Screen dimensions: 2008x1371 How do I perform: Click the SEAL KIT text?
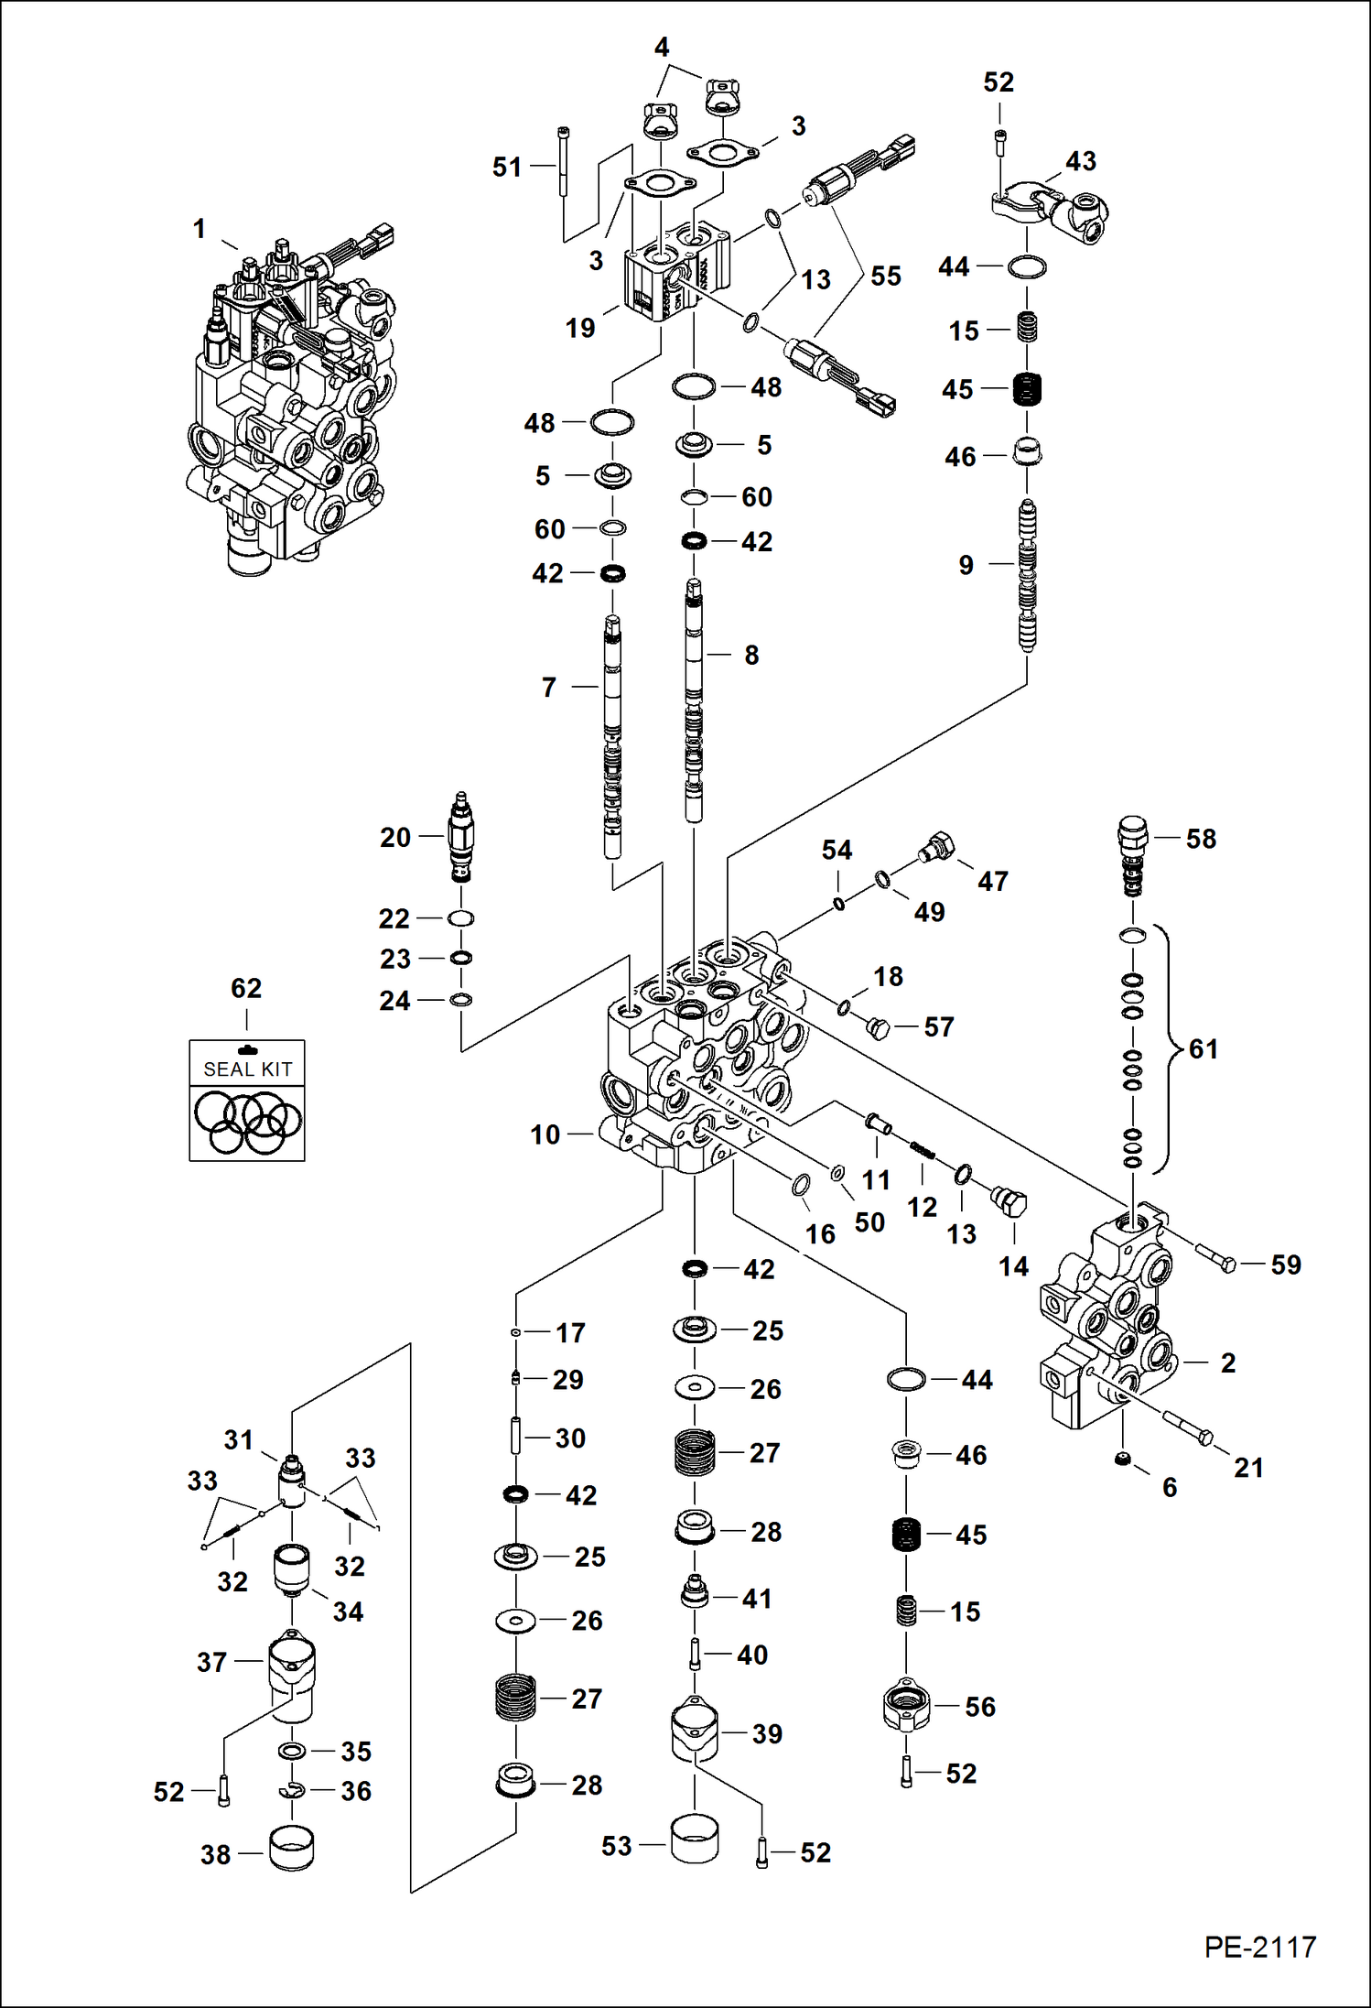pyautogui.click(x=247, y=1069)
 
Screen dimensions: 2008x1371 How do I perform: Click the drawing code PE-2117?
pyautogui.click(x=1259, y=1947)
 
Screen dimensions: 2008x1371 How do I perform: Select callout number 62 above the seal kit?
pyautogui.click(x=246, y=988)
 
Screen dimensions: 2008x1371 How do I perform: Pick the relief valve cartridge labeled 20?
pyautogui.click(x=461, y=837)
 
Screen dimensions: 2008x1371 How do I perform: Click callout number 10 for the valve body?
pyautogui.click(x=545, y=1134)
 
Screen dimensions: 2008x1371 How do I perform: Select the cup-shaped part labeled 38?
pyautogui.click(x=291, y=1849)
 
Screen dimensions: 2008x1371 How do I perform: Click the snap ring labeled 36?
pyautogui.click(x=292, y=1791)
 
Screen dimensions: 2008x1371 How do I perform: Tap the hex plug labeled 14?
pyautogui.click(x=1009, y=1200)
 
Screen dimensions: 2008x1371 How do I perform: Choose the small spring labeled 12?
pyautogui.click(x=922, y=1148)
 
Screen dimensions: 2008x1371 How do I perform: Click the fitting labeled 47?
pyautogui.click(x=936, y=847)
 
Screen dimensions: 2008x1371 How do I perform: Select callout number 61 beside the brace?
pyautogui.click(x=1203, y=1048)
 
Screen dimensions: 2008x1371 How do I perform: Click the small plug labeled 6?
pyautogui.click(x=1120, y=1459)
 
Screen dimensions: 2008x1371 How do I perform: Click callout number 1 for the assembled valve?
pyautogui.click(x=199, y=229)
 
